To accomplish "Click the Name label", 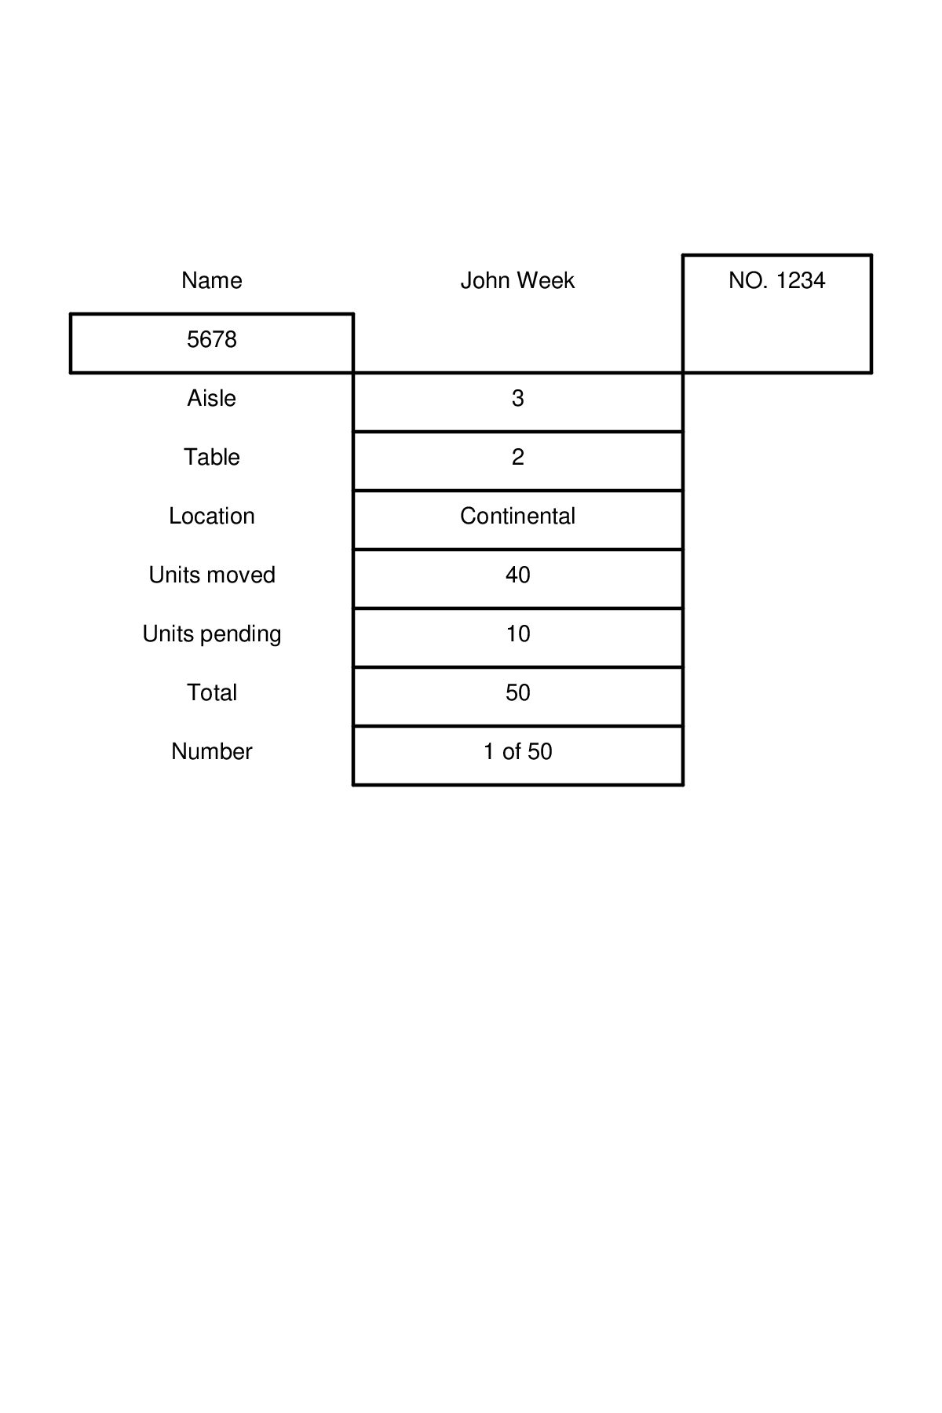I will [211, 280].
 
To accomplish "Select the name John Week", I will [517, 280].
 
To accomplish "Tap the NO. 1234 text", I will [776, 280].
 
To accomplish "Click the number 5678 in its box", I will [211, 339].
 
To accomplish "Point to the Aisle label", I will [211, 398].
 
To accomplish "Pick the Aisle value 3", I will [517, 398].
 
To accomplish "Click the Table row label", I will [211, 457].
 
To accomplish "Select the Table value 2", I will [517, 457].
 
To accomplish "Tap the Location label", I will [211, 516].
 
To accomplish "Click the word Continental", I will [517, 516].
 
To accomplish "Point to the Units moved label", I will [211, 575].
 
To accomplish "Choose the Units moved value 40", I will [517, 575].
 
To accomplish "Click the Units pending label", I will [211, 633].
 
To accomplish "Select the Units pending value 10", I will [517, 633].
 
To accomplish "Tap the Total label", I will [211, 692].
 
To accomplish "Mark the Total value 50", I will [517, 692].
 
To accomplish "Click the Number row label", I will [211, 751].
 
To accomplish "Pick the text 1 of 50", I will [517, 751].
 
